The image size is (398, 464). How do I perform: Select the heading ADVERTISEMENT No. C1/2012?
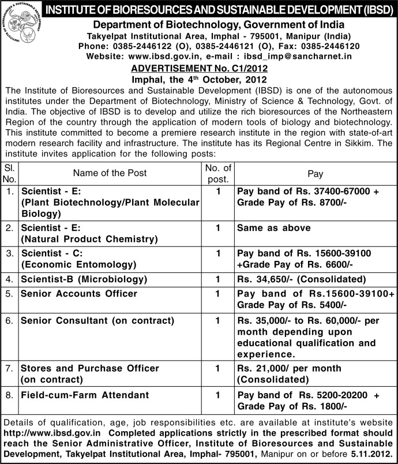pyautogui.click(x=198, y=68)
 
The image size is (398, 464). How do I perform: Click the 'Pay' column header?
pyautogui.click(x=315, y=173)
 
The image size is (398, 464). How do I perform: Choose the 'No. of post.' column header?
pyautogui.click(x=218, y=173)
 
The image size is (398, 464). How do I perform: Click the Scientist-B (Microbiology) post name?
pyautogui.click(x=84, y=279)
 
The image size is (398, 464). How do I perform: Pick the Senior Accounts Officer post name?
pyautogui.click(x=79, y=294)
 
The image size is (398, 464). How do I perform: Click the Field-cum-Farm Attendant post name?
pyautogui.click(x=85, y=395)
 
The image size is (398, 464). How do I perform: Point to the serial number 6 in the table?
pyautogui.click(x=9, y=320)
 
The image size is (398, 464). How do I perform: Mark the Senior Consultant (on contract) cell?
pyautogui.click(x=97, y=320)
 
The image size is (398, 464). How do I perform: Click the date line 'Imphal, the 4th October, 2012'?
pyautogui.click(x=198, y=78)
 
